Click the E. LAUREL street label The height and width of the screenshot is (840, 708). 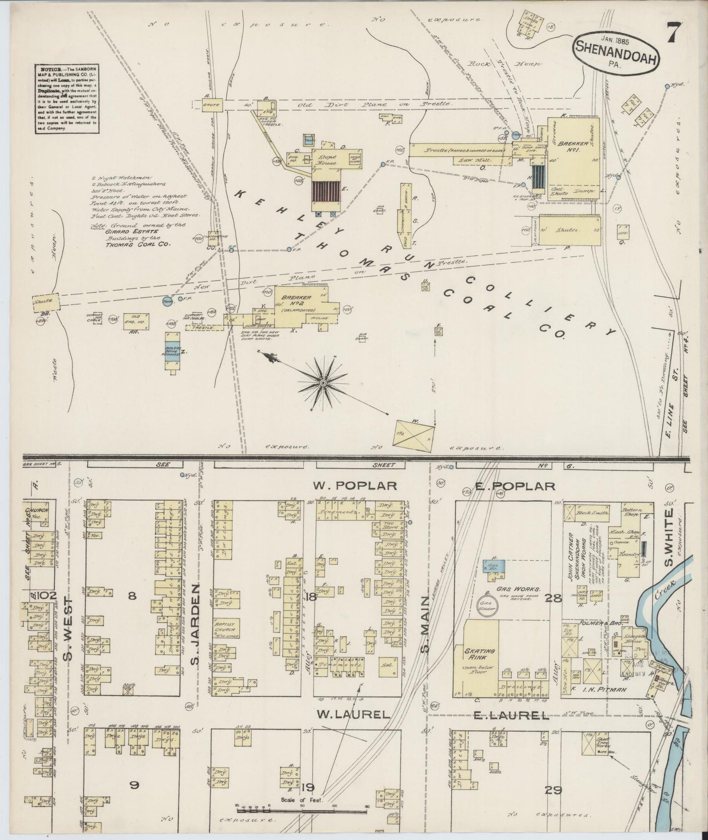[511, 716]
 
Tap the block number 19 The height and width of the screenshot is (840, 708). [307, 788]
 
